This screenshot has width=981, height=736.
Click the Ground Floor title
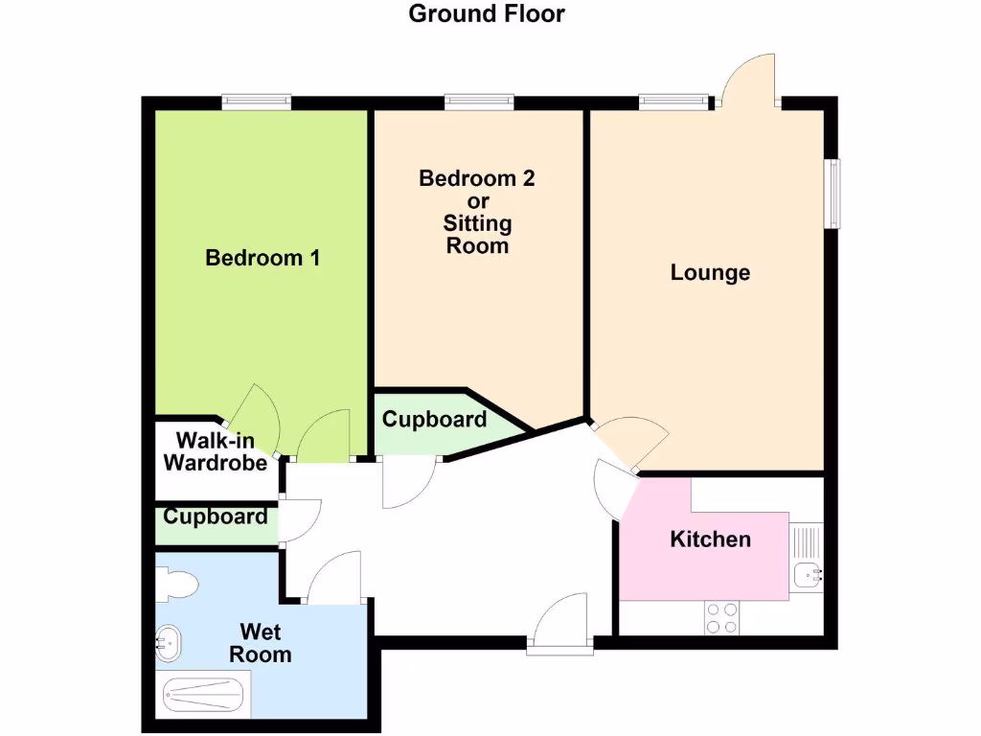487,14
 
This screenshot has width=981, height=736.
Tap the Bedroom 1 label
262,258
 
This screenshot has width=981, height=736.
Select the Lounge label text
710,273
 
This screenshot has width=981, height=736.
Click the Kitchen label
710,540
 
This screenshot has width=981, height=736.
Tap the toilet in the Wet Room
177,583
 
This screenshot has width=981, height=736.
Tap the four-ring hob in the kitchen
720,617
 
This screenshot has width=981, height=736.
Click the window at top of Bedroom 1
257,99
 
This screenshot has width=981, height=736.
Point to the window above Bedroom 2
479,99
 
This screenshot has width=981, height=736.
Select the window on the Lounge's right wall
834,194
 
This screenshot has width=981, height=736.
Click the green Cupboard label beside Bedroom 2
434,420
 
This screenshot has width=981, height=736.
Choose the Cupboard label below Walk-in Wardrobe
215,517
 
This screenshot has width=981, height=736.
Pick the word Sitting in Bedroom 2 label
477,224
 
